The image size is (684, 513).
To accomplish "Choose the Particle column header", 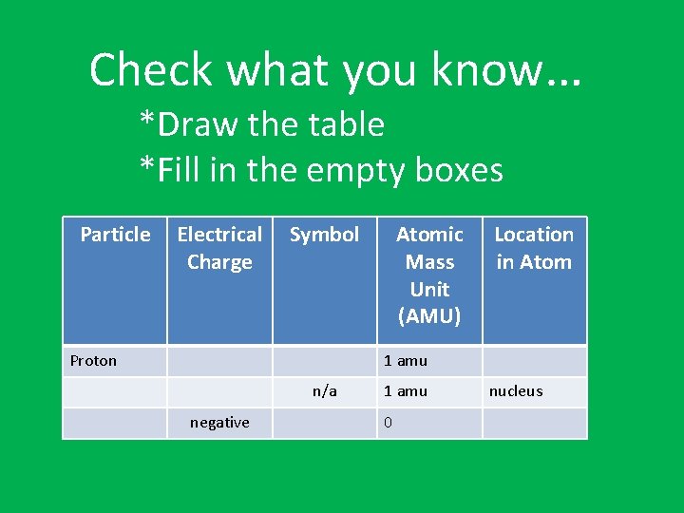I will pos(115,235).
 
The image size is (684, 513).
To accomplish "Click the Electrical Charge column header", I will pos(219,248).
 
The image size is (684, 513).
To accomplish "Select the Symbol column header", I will pos(324,235).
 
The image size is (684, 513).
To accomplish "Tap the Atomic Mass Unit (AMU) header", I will pos(429,275).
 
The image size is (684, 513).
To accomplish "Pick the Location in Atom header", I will pos(534,248).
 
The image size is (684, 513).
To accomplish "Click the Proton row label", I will pos(93,361).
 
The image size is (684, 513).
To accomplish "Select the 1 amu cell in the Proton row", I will pos(406,361).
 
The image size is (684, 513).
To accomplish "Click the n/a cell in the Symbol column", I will pos(325,391).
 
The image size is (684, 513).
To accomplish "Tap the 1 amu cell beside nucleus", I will pos(406,391).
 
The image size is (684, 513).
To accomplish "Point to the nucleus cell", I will pos(516,391).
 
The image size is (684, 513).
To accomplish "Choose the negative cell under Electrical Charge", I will pos(219,423).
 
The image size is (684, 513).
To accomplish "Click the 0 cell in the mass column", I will pos(388,423).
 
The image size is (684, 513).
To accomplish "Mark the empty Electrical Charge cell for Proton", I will pos(219,361).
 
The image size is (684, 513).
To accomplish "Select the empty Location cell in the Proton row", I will pos(534,361).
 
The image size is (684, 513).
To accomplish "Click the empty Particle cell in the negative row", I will pos(115,423).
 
